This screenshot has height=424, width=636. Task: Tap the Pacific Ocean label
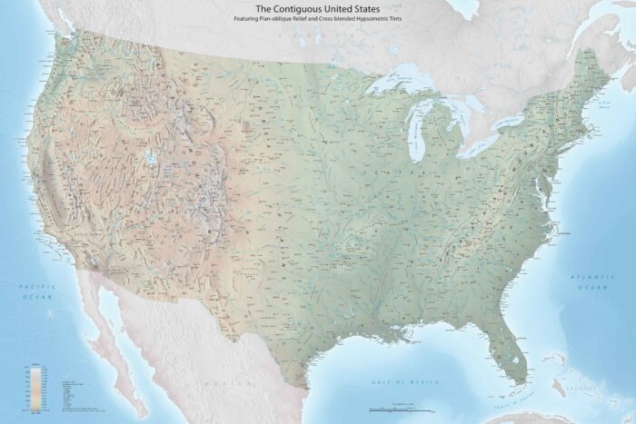pos(37,291)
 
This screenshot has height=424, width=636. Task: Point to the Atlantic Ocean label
pos(587,281)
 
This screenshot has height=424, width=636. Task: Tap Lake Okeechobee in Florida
pos(518,349)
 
